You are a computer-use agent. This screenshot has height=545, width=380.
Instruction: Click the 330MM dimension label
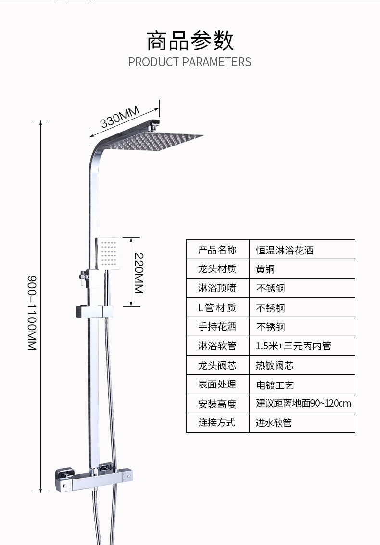click(x=120, y=117)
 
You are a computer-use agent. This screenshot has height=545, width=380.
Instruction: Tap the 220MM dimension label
click(x=139, y=273)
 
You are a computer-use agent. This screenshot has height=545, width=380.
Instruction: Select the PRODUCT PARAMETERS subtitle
click(x=190, y=62)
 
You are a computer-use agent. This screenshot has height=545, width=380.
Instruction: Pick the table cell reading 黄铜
click(x=265, y=269)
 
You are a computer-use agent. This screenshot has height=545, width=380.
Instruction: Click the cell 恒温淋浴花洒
click(x=285, y=250)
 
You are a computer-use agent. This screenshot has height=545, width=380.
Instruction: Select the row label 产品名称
click(x=217, y=250)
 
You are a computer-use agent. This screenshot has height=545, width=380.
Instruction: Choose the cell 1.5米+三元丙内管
click(x=293, y=346)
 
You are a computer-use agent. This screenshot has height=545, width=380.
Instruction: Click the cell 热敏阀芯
click(x=275, y=366)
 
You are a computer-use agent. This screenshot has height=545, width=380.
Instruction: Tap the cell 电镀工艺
click(x=275, y=385)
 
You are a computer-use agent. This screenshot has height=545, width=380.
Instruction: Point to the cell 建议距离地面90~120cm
click(x=304, y=403)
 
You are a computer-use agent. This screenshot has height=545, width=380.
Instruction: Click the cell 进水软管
click(x=274, y=423)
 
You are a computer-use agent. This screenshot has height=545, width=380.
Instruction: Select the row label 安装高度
click(x=217, y=404)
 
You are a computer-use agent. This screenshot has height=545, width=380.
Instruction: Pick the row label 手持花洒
click(x=217, y=327)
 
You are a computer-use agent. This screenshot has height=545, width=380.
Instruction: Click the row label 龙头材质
click(x=217, y=269)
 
